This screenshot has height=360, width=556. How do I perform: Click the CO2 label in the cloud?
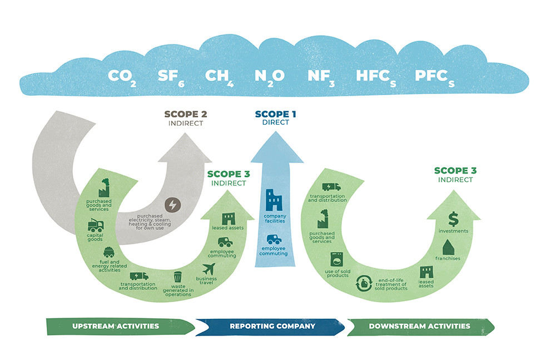point(121,76)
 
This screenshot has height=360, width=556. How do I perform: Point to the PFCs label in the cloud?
point(434,76)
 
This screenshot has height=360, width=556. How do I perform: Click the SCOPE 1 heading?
point(275,114)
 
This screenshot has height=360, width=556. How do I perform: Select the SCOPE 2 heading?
point(185,114)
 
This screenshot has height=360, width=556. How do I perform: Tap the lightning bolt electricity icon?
point(172,205)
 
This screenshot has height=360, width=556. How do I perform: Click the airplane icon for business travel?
point(210,269)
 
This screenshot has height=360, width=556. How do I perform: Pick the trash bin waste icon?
point(178,277)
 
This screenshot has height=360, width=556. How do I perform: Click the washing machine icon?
point(337,260)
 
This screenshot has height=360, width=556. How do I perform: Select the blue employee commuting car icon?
point(274,240)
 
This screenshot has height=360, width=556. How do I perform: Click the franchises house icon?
point(449,246)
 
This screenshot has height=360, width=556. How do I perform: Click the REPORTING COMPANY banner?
point(272,326)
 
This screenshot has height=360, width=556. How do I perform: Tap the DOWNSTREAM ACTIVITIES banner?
point(419,326)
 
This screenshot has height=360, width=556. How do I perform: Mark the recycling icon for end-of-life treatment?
point(365,284)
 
